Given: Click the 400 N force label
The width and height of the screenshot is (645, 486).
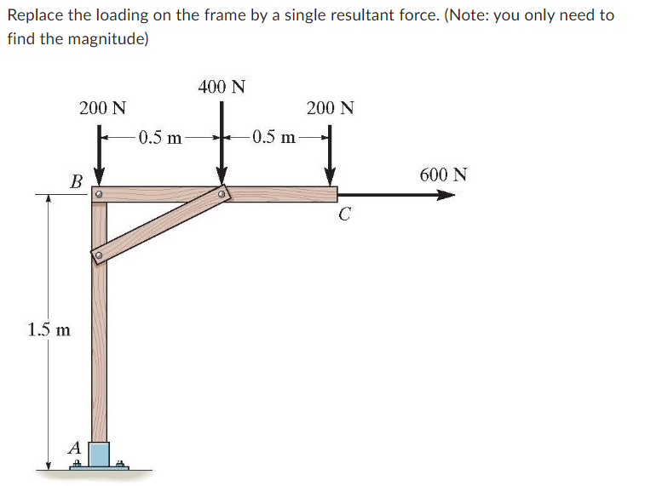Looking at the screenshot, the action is [x=222, y=87].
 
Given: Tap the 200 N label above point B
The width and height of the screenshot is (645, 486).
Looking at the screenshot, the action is [x=103, y=108].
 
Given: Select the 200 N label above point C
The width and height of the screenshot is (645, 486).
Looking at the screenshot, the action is [x=331, y=108].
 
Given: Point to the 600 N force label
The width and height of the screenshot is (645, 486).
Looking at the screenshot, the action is [x=443, y=175].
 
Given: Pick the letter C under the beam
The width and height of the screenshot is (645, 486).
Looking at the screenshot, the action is [x=343, y=214].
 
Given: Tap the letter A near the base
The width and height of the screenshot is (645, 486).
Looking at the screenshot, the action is [x=75, y=446].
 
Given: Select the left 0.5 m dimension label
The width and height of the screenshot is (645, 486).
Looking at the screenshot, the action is [x=160, y=137].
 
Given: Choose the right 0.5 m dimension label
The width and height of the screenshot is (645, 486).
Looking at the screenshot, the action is [x=274, y=137].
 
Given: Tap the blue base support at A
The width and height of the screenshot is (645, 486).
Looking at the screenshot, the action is [x=100, y=455].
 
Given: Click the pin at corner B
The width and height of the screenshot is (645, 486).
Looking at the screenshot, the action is [x=99, y=195].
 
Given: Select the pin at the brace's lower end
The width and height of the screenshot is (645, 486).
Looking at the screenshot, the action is [x=99, y=254].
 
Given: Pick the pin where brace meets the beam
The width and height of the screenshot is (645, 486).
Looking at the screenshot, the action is [x=222, y=195].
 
